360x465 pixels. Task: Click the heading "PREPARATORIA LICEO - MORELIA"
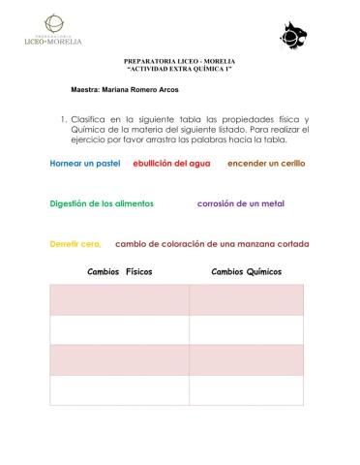(180, 61)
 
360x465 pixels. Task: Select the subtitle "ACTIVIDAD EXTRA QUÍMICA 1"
(180, 70)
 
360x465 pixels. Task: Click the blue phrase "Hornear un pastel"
(85, 164)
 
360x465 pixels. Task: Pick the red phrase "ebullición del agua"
(171, 164)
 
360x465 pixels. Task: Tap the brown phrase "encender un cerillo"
(266, 164)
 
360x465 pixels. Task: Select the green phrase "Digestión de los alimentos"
(103, 204)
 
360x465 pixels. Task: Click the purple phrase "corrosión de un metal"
(241, 204)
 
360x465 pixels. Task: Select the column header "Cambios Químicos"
(246, 272)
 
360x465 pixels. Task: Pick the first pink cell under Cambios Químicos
(246, 300)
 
